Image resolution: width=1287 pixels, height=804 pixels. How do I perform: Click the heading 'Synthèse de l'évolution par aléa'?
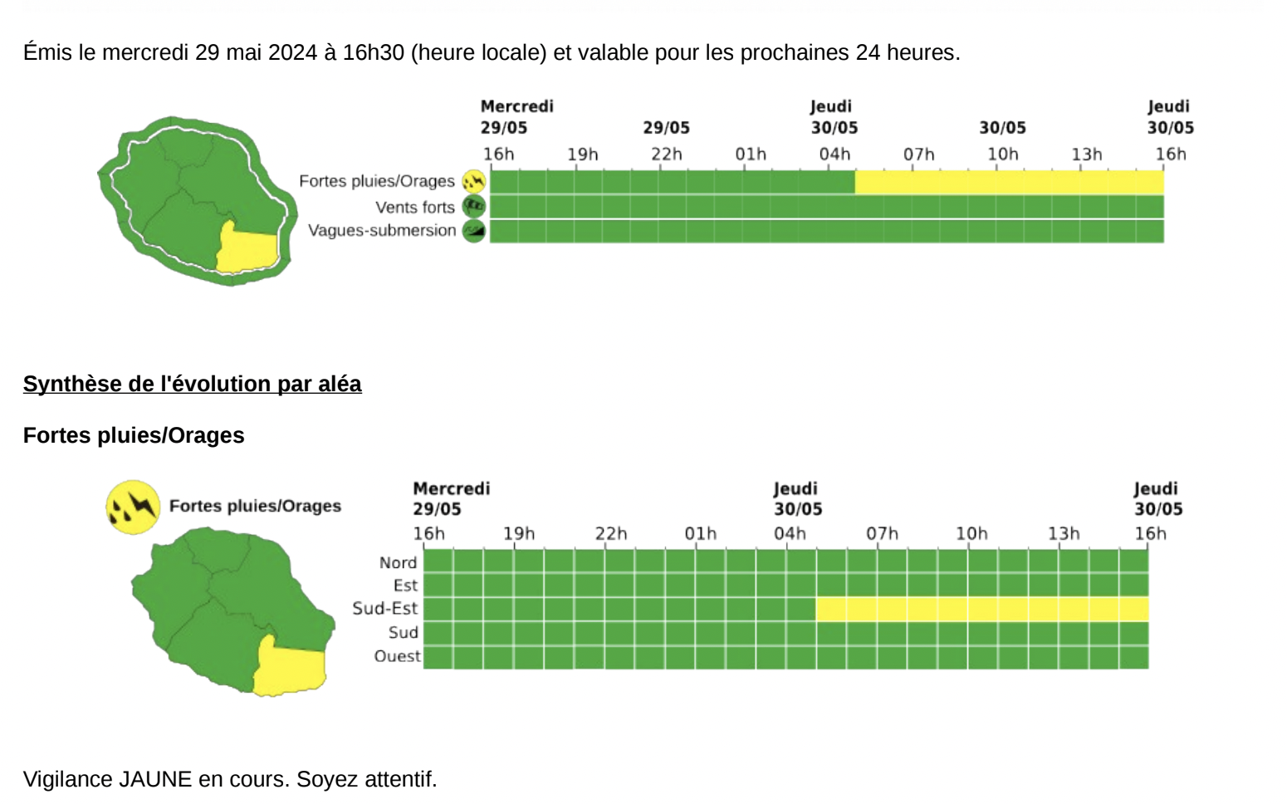coord(192,384)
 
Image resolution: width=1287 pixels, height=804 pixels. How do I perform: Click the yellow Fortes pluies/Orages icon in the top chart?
coord(473,181)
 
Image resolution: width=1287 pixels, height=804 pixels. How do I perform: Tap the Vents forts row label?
coord(414,207)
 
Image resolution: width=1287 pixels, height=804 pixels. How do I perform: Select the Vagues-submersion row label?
coord(382,230)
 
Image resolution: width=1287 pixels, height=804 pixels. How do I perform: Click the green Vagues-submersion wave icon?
coord(473,231)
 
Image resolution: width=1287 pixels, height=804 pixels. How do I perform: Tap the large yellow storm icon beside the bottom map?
coord(133,506)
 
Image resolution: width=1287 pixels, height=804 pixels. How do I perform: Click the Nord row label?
coord(398,562)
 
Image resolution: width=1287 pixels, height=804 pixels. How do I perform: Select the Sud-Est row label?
coord(384,608)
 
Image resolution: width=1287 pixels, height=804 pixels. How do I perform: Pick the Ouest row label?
coord(397,656)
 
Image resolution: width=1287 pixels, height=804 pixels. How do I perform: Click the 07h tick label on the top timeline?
coord(918,154)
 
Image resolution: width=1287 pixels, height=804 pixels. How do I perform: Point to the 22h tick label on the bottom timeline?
coord(610,533)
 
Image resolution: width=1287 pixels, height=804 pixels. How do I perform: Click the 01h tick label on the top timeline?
coord(750,154)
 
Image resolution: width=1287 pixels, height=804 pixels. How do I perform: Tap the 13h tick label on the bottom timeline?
coord(1063,533)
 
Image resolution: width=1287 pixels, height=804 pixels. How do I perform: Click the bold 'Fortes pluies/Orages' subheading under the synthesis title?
coord(134,435)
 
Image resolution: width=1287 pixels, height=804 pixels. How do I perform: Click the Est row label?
coord(405,586)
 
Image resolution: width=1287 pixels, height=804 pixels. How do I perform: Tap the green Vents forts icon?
coord(473,206)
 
